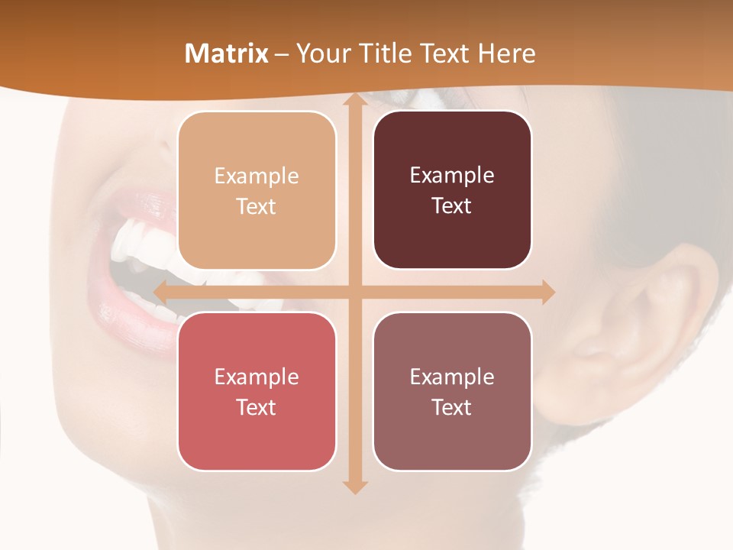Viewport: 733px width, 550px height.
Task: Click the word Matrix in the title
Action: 227,53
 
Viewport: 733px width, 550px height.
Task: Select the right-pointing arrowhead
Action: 547,292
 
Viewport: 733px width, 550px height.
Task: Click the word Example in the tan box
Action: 257,176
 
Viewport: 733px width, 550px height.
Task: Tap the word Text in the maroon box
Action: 452,206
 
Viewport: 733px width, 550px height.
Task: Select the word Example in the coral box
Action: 257,377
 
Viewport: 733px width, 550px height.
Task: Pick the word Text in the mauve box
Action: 452,407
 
